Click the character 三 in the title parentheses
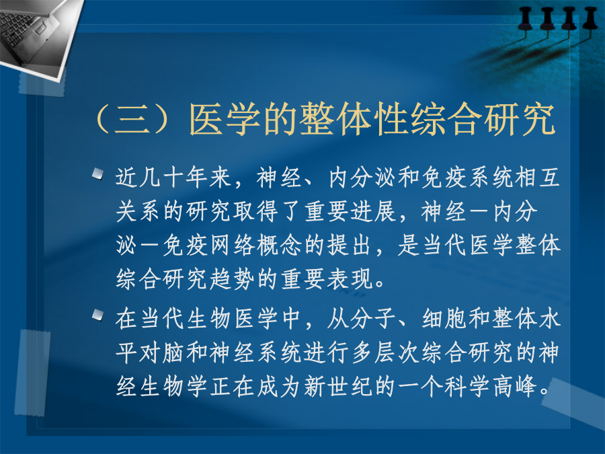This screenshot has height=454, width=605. pos(132,119)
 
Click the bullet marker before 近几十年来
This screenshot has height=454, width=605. pos(98,174)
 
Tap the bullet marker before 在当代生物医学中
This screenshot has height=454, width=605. pos(98,315)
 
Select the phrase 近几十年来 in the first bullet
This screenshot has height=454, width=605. pos(173,178)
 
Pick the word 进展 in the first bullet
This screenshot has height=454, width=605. pos(373,212)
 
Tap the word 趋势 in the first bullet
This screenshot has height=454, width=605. pos(233,278)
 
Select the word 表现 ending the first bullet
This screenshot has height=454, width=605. pos(350,278)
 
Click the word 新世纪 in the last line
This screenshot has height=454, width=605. pos(338,386)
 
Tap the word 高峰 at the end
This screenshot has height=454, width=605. pos(515,386)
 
